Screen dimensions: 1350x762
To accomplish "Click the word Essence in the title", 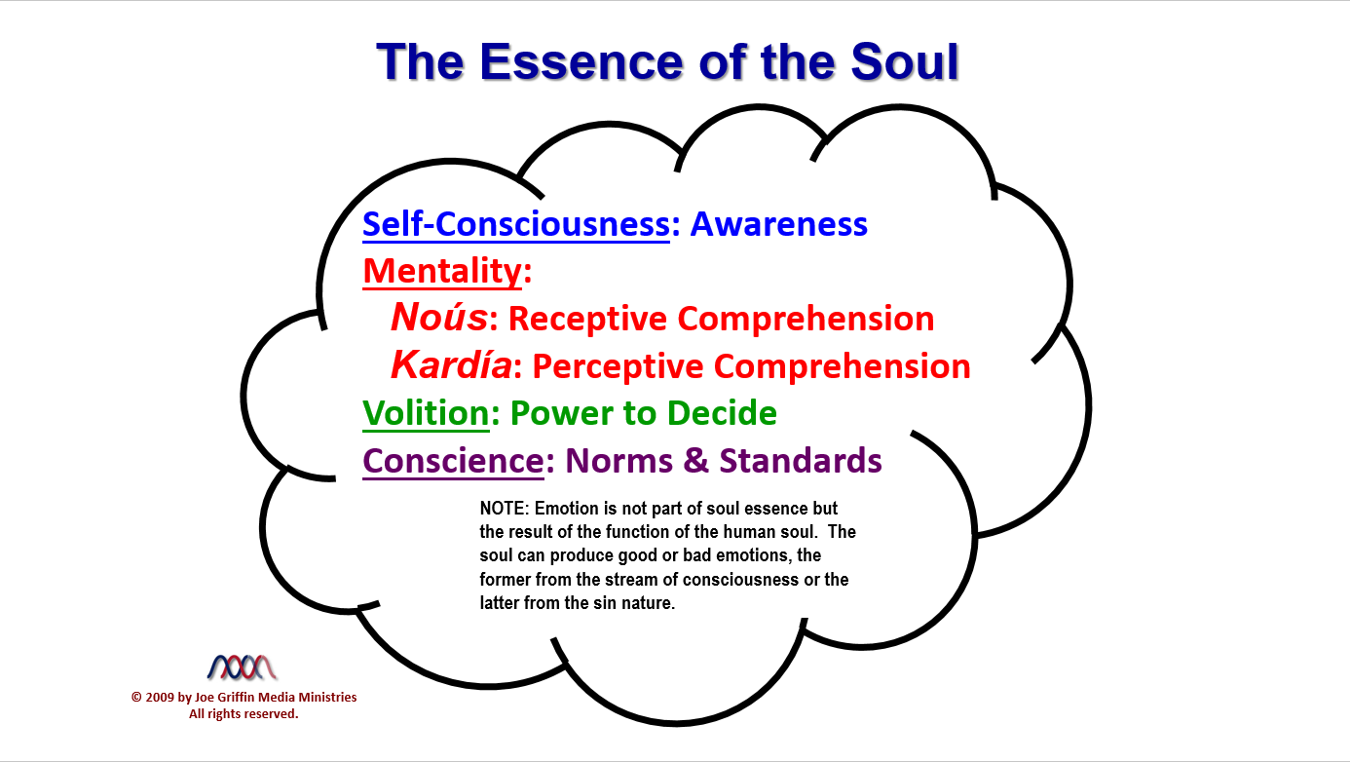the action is [x=581, y=61].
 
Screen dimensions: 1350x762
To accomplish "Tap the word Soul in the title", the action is [x=905, y=61].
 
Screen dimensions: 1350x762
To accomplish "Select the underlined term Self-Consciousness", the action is [x=516, y=224].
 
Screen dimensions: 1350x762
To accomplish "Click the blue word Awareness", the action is [x=778, y=224].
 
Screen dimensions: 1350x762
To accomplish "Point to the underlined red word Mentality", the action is [x=442, y=271].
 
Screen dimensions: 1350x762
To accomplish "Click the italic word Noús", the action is [x=439, y=317].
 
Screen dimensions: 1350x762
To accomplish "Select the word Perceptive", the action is [x=618, y=367].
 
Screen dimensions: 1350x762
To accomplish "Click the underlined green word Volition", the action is [x=426, y=413].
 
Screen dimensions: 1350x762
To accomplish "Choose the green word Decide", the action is [x=722, y=413].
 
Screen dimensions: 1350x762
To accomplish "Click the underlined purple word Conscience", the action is [x=453, y=461].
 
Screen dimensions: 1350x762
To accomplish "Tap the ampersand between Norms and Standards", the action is [x=696, y=461].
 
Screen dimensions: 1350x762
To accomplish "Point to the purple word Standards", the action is [x=801, y=461].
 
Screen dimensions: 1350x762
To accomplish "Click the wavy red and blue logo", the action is [x=242, y=667].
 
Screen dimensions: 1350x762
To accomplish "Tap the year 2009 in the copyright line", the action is [x=159, y=698].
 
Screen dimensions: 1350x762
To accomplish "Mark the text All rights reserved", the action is [x=244, y=714].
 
